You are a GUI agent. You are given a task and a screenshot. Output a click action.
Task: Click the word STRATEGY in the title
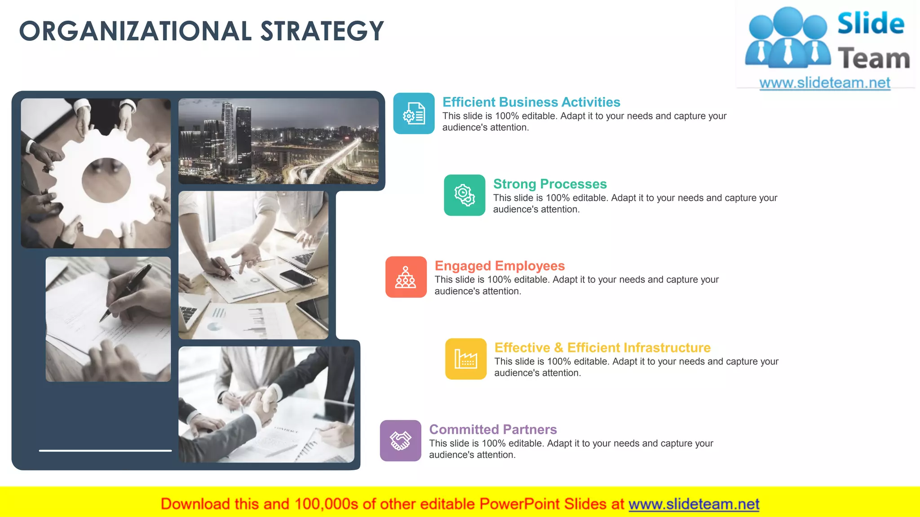322,31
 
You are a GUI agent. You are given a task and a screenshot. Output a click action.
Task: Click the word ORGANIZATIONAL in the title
135,31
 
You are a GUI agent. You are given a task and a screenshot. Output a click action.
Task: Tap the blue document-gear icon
414,114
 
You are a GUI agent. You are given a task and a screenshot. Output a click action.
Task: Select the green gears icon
464,195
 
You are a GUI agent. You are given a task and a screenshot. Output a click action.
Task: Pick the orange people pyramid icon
406,277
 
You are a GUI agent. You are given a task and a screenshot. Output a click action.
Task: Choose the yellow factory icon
466,359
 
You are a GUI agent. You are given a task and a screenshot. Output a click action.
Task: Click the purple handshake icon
400,441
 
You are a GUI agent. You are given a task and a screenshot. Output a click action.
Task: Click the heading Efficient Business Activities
531,102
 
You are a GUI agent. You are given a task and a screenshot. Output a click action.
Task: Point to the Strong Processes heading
549,184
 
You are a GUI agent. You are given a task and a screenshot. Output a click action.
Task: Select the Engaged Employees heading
500,266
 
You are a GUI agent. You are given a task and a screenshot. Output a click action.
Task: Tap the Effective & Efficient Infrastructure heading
602,348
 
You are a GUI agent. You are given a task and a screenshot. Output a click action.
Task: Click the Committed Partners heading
493,429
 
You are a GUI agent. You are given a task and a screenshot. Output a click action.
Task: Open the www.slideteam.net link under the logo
824,83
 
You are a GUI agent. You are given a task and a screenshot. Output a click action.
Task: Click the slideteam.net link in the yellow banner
694,504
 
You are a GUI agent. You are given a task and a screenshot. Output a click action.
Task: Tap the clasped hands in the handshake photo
265,404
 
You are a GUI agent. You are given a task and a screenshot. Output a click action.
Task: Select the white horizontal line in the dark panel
105,450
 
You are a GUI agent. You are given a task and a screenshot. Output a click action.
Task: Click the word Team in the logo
873,59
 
